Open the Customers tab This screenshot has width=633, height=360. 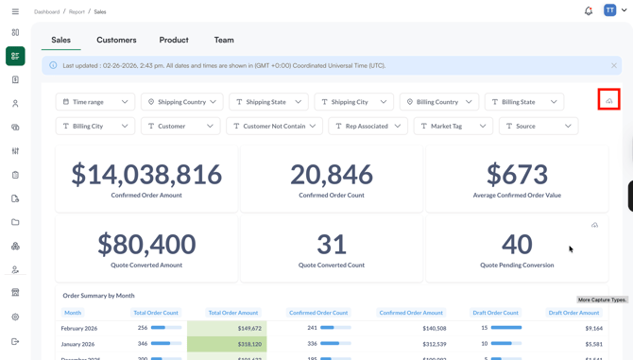click(x=116, y=40)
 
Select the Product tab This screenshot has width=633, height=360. click(x=174, y=40)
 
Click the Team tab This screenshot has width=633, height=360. click(x=224, y=40)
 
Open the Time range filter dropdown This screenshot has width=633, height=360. click(x=95, y=102)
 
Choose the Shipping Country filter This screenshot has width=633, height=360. click(x=181, y=102)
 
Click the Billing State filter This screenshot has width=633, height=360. click(x=524, y=102)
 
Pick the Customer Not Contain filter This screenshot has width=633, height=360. click(x=274, y=126)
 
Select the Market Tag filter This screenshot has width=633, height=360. click(x=453, y=126)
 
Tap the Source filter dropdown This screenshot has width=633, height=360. click(x=539, y=126)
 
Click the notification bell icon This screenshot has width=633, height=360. click(x=589, y=11)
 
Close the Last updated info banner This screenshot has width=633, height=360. click(x=614, y=66)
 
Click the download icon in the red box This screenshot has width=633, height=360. click(x=609, y=100)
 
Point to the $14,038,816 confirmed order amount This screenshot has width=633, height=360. click(x=146, y=174)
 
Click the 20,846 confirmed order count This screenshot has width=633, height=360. click(x=332, y=174)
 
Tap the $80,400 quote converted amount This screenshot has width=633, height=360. click(x=146, y=244)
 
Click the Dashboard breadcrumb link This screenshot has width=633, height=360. click(x=46, y=12)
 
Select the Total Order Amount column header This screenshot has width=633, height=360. click(x=232, y=313)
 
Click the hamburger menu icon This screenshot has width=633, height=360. click(x=15, y=11)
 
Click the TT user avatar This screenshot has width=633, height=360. click(x=610, y=11)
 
